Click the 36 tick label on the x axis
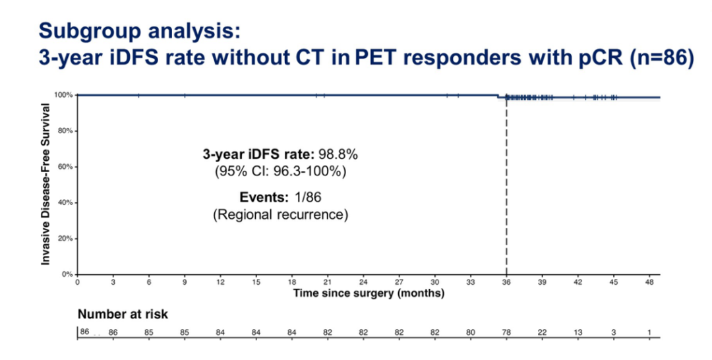pos(506,282)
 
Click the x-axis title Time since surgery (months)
pos(369,293)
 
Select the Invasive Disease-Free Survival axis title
pos(46,184)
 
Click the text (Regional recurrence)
pos(280,215)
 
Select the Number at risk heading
pos(123,315)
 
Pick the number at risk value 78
pos(506,332)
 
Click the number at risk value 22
pos(542,332)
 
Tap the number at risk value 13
pos(578,332)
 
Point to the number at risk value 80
pos(470,332)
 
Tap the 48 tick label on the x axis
pos(649,282)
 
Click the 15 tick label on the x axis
pos(256,282)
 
